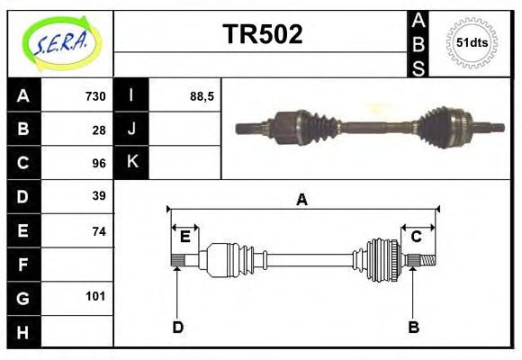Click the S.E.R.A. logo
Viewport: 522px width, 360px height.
(59, 40)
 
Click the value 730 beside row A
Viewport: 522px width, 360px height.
(94, 95)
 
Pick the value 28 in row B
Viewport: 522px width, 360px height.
(99, 129)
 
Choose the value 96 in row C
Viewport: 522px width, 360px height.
(99, 163)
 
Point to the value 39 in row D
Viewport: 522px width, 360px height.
(99, 196)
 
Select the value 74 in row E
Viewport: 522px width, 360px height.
(99, 230)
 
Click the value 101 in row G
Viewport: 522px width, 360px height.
(95, 296)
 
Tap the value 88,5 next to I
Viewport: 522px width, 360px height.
(201, 95)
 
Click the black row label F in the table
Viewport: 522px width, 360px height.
(23, 265)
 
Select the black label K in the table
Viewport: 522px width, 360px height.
(132, 163)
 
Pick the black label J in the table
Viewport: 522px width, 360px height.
(132, 129)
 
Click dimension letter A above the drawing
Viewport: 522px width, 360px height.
(302, 200)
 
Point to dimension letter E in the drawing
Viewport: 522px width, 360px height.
(184, 237)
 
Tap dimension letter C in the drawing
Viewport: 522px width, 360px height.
(416, 237)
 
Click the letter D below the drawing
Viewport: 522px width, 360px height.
(177, 328)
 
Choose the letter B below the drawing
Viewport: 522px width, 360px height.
(413, 328)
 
